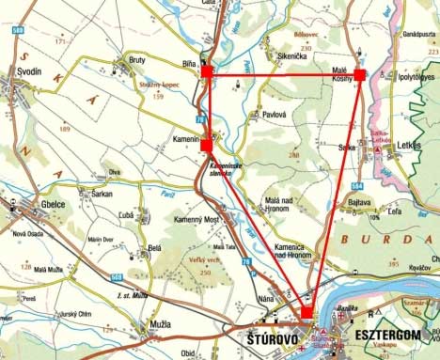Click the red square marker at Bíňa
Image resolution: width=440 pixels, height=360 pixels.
point(207,70)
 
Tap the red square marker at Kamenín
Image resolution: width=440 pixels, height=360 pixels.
point(207,146)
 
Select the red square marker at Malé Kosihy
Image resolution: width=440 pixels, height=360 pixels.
point(359,74)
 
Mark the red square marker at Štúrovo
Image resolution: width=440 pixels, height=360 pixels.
point(306,313)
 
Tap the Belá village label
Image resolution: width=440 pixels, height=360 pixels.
point(154,248)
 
